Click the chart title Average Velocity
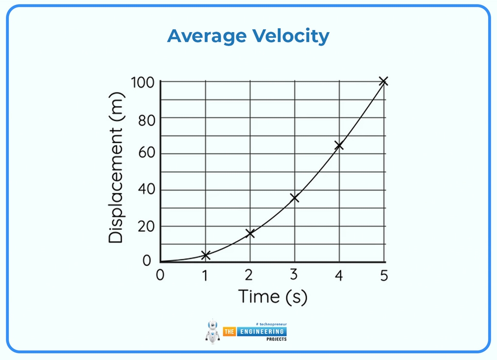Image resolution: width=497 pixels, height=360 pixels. (x=248, y=36)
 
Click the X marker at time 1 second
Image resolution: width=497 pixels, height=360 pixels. (x=205, y=255)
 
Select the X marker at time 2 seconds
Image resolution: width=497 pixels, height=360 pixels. (x=250, y=233)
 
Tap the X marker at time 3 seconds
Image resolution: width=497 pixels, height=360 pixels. (x=294, y=198)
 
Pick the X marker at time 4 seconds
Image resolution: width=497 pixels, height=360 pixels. (x=339, y=145)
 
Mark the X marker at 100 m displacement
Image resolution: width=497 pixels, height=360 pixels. (x=383, y=81)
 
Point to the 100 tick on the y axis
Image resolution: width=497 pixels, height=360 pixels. (x=142, y=83)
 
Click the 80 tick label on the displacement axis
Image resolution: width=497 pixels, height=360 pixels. (x=146, y=120)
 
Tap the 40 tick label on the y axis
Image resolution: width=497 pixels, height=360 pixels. (x=146, y=189)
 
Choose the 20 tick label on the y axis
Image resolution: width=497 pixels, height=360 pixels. (x=146, y=226)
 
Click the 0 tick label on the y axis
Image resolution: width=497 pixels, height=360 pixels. (x=147, y=261)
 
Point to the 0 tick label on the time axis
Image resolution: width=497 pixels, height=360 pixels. (x=160, y=275)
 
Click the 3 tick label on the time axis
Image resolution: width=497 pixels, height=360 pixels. (x=294, y=275)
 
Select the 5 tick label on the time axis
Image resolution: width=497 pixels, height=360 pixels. (x=383, y=275)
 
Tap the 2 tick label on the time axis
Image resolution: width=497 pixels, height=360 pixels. (x=249, y=275)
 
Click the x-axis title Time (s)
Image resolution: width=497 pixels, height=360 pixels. (x=273, y=296)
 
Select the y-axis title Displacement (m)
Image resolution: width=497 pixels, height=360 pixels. (x=116, y=168)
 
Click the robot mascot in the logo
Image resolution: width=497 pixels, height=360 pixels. (x=213, y=331)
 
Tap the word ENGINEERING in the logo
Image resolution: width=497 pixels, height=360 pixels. (x=262, y=331)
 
